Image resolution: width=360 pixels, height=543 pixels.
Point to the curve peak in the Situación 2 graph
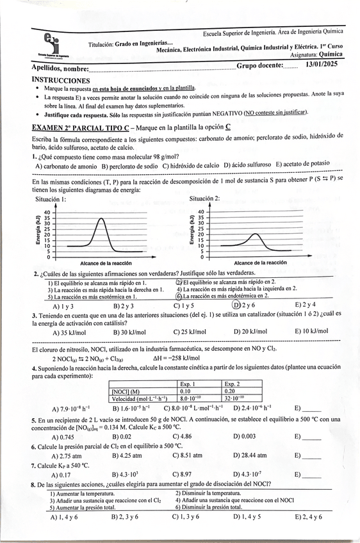click(x=255, y=234)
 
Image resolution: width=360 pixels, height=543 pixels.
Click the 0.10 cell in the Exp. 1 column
click(x=187, y=391)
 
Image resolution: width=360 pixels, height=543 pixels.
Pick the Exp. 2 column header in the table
click(x=233, y=384)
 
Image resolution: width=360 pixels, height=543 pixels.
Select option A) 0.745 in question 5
click(x=63, y=437)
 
